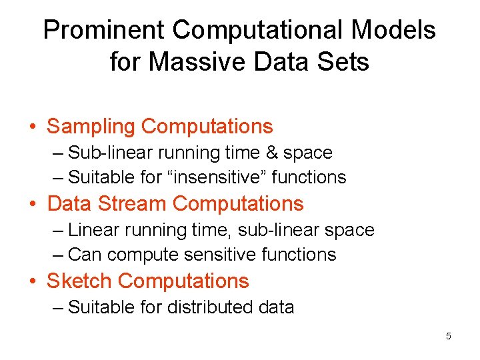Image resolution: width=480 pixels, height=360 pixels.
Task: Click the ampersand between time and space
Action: point(271,153)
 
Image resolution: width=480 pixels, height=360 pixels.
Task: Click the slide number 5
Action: point(449,336)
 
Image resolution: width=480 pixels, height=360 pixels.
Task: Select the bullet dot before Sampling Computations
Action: point(33,127)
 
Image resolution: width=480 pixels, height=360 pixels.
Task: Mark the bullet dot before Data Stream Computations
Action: point(33,204)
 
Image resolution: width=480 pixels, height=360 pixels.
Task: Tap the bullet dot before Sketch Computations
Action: point(33,281)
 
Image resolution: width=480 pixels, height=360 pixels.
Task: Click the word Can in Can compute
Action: point(85,255)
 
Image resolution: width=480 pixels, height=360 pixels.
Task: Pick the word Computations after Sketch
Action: point(183,281)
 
